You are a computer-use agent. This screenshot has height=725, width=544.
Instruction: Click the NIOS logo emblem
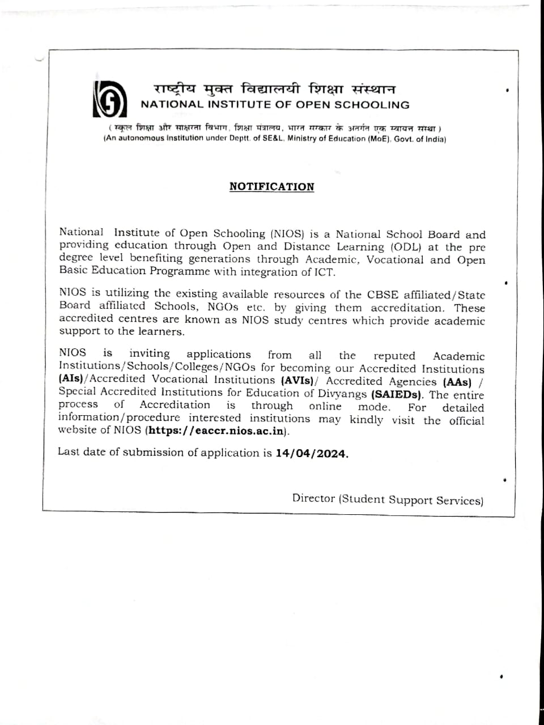(x=107, y=98)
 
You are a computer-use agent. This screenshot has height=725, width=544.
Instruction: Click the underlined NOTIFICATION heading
(x=271, y=186)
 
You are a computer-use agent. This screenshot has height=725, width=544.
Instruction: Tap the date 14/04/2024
(x=312, y=454)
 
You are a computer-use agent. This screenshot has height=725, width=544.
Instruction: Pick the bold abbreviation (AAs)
(x=457, y=382)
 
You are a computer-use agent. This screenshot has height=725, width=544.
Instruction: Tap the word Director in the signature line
(x=313, y=498)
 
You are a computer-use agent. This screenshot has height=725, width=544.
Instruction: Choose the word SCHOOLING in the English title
(x=371, y=105)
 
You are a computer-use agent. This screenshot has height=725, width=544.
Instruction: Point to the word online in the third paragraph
(x=325, y=406)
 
